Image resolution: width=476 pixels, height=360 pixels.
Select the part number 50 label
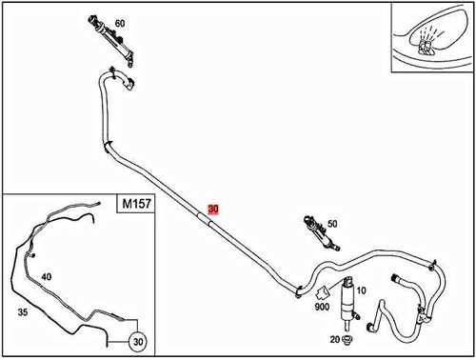point(332,224)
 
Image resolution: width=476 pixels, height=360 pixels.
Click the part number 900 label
point(321,307)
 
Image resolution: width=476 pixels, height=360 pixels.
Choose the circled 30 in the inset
point(137,341)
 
